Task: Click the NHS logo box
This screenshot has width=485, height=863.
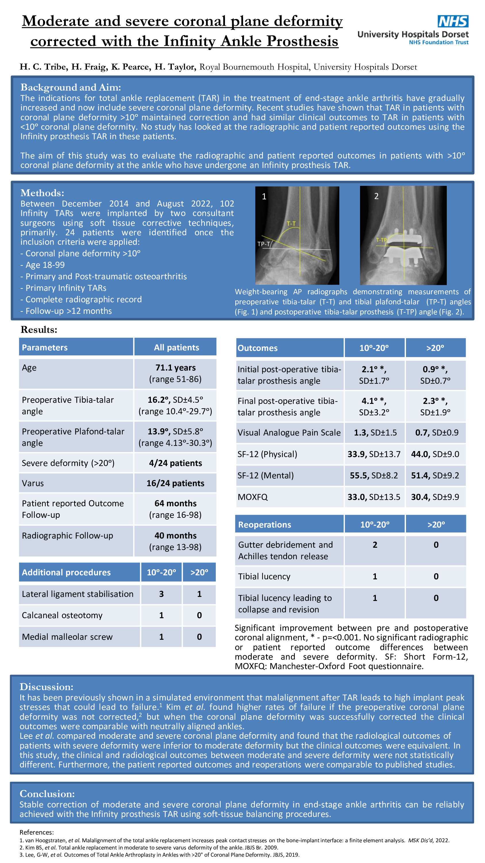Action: click(453, 22)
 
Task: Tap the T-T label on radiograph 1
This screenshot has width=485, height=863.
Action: click(291, 224)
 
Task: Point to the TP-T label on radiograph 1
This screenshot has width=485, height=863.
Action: click(263, 244)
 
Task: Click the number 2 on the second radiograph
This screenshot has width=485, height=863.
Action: click(376, 196)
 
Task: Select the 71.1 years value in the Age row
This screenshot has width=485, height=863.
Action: click(175, 368)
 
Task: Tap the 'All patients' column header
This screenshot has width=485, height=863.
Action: click(176, 348)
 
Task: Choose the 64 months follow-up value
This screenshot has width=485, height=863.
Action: click(175, 503)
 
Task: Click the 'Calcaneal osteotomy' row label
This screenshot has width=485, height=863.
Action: click(62, 615)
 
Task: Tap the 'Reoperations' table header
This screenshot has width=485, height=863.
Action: click(264, 525)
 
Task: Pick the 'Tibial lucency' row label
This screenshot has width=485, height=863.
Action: click(264, 576)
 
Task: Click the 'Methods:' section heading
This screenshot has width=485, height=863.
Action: click(42, 193)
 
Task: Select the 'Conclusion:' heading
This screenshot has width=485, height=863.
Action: click(47, 794)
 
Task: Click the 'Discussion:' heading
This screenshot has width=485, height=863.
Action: click(46, 687)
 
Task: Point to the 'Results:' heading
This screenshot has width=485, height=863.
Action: click(39, 330)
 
